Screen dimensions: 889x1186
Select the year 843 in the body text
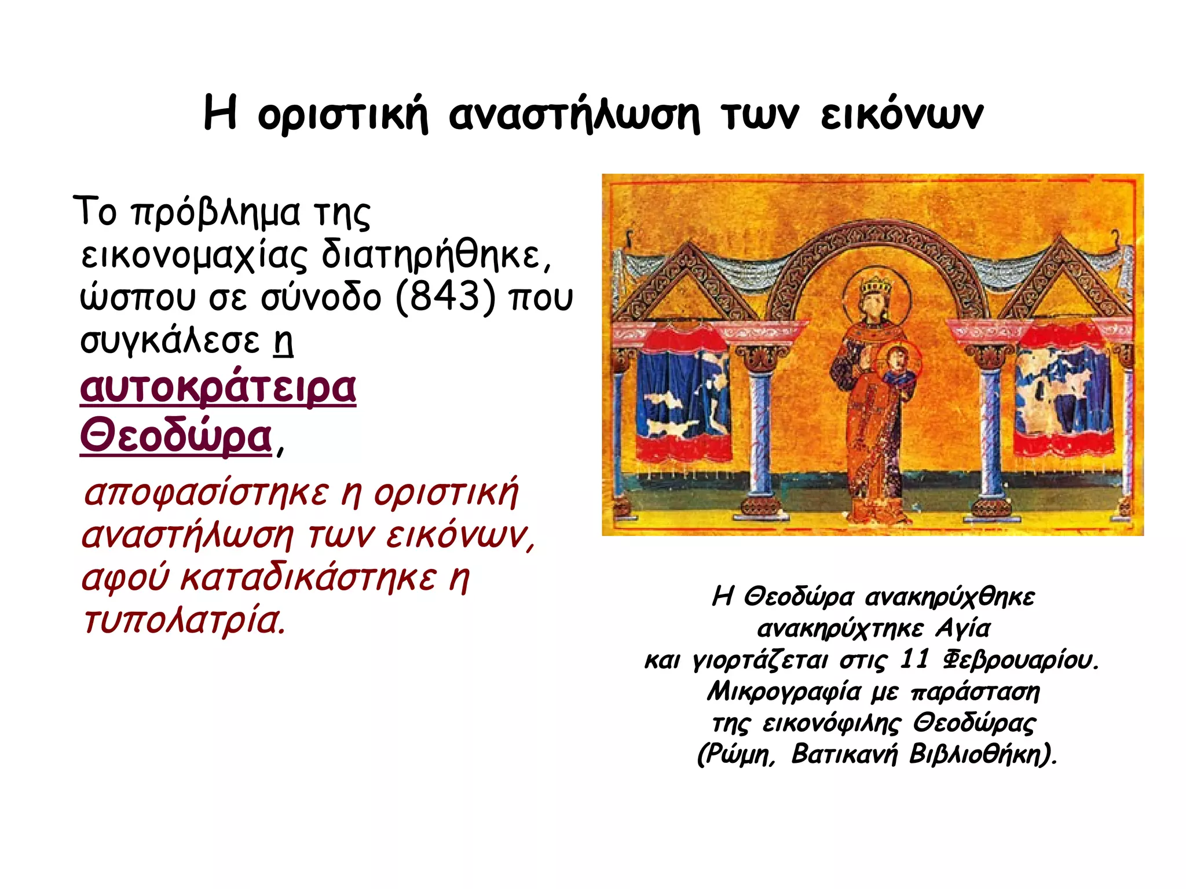pos(445,297)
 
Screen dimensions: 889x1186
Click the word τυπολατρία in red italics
pos(184,620)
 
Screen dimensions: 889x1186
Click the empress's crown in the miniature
pos(876,285)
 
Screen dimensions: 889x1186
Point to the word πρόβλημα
pos(215,213)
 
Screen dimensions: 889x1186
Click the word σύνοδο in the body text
pos(321,297)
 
